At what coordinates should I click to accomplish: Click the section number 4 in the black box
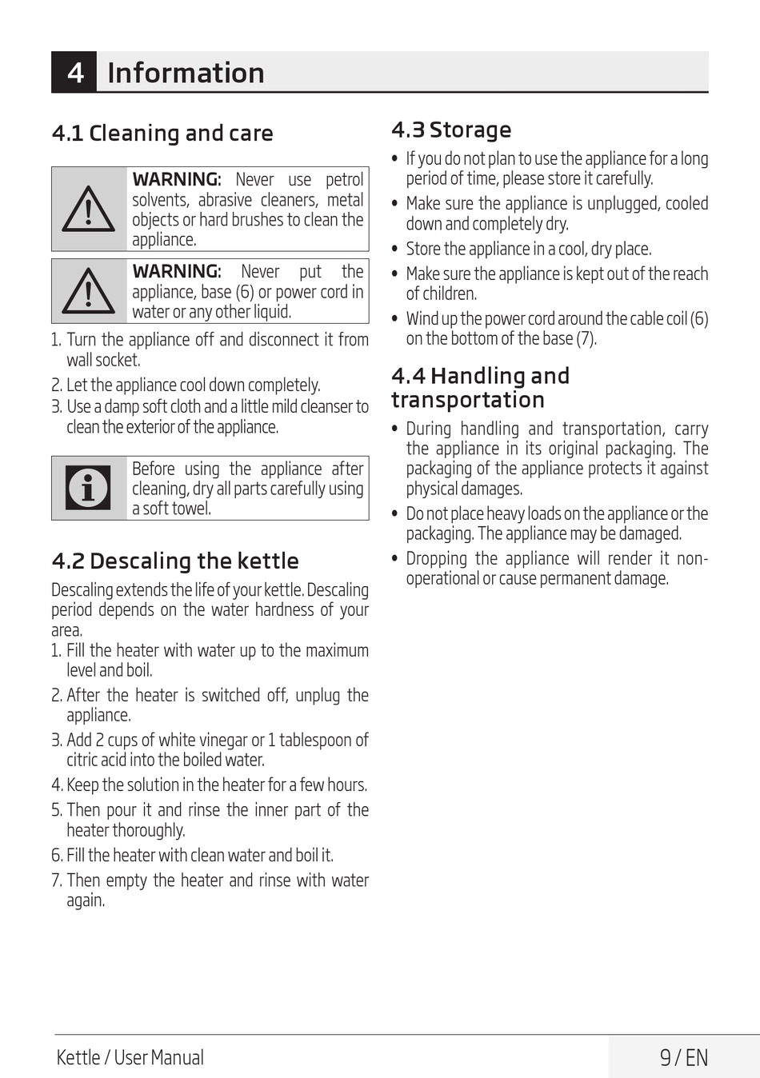click(75, 73)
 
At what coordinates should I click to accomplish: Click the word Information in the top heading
click(186, 73)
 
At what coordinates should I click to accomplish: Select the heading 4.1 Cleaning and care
click(162, 133)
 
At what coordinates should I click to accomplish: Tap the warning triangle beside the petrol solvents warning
click(89, 210)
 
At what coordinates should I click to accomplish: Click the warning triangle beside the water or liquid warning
click(89, 290)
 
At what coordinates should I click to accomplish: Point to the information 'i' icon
click(89, 488)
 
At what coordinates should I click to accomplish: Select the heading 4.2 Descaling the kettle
click(175, 561)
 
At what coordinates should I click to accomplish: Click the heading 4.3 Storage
click(451, 130)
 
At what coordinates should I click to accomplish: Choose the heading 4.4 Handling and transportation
click(480, 388)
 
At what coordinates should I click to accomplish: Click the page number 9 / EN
click(684, 1057)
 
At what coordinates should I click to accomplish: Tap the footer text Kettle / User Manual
click(130, 1057)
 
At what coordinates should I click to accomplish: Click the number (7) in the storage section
click(586, 338)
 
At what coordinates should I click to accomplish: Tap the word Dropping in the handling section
click(436, 558)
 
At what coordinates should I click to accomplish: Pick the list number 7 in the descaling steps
click(56, 880)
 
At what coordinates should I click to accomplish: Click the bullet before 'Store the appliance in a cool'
click(394, 249)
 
